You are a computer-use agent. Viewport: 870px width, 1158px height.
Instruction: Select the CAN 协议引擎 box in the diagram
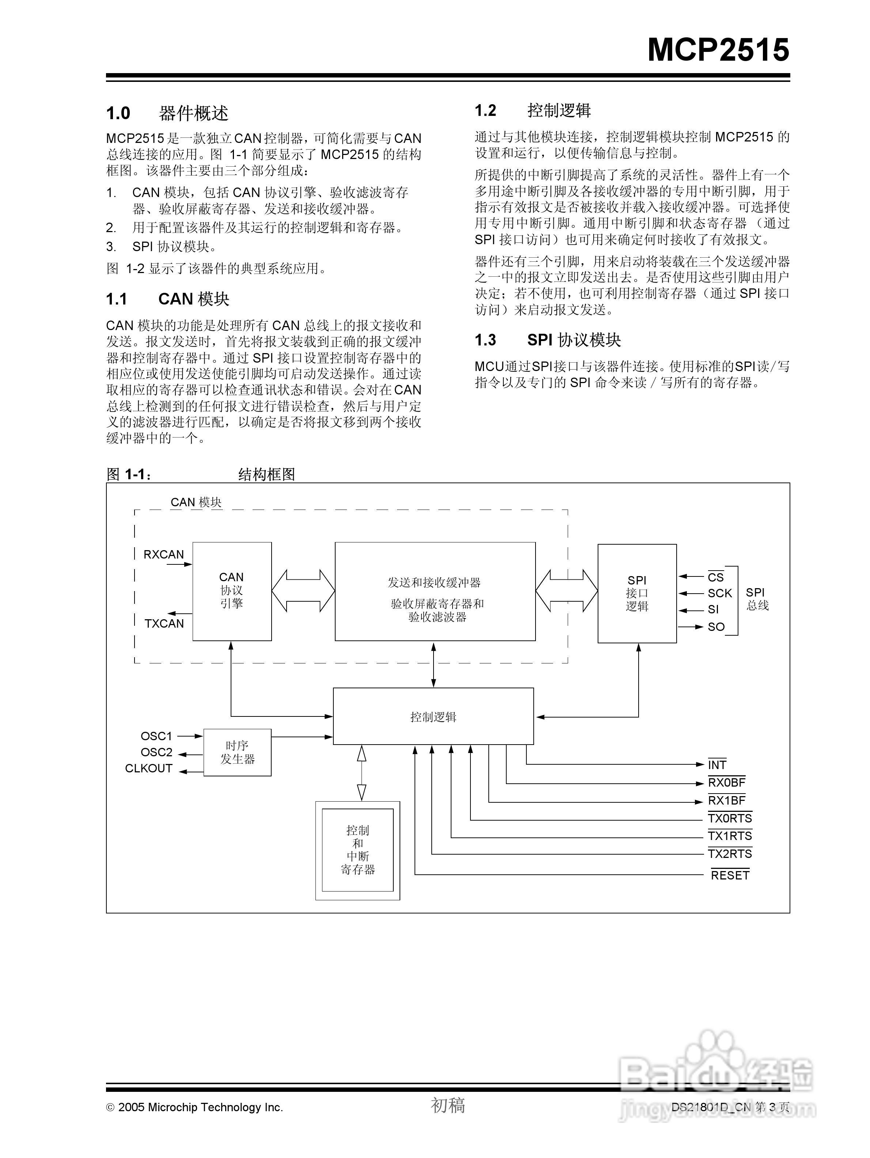point(232,591)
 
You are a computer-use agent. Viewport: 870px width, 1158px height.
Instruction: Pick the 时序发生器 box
point(237,752)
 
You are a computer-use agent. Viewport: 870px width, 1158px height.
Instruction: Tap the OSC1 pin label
point(156,736)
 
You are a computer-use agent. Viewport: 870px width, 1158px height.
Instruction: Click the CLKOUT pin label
point(149,768)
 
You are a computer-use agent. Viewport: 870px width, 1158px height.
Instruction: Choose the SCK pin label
point(719,593)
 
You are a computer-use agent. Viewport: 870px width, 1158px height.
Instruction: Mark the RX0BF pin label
point(726,783)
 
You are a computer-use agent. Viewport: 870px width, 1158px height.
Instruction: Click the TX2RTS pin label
point(729,854)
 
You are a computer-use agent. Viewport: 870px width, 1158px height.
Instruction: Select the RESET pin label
point(730,875)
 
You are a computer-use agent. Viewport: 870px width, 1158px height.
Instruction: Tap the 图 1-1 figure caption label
point(129,474)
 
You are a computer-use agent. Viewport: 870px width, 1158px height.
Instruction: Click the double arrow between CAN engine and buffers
point(303,591)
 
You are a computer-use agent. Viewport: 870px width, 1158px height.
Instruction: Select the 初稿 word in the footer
point(447,1105)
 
